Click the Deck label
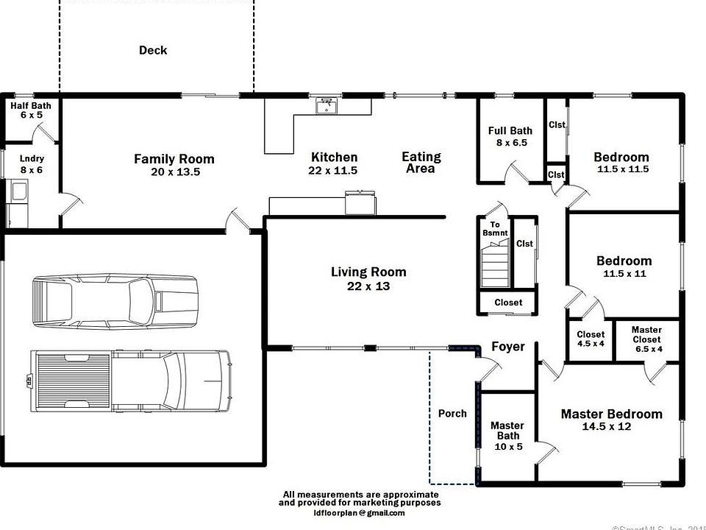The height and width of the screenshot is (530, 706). coord(153,50)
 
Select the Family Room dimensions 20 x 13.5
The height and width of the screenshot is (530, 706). coord(174,172)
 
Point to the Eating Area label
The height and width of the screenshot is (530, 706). coord(421,162)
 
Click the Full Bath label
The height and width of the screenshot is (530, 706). coord(510,131)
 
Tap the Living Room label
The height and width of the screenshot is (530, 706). coord(368,272)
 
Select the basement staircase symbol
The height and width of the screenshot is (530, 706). coord(495,267)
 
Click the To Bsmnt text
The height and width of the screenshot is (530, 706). coord(495,229)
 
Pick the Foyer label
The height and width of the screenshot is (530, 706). coord(508,346)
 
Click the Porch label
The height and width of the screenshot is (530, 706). coord(452,413)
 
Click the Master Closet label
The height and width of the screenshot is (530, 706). coord(646,334)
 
